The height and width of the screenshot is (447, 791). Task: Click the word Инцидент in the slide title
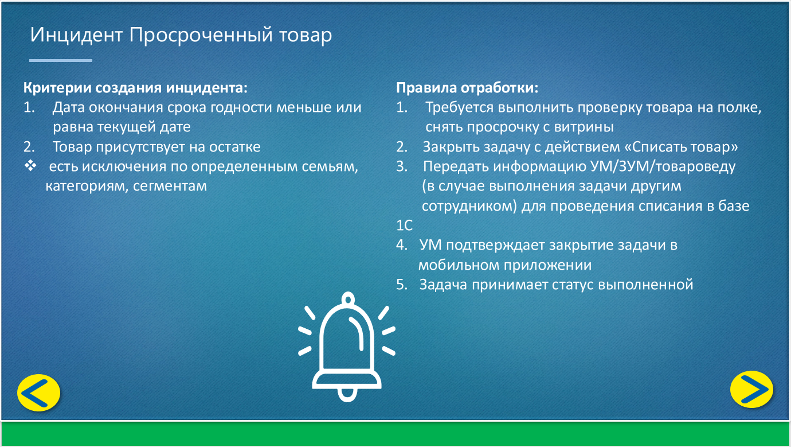coord(76,36)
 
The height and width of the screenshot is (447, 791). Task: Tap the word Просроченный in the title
coord(201,36)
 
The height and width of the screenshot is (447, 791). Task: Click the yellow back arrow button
coord(38,392)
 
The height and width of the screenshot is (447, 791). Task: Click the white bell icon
coord(347,347)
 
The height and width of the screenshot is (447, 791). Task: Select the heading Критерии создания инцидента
coord(135,88)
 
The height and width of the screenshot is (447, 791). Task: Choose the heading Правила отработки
coord(467,88)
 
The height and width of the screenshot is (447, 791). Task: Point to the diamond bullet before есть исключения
coord(30,165)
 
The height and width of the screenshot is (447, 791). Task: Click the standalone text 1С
coord(404,226)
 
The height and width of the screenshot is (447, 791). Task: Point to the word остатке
coord(235,147)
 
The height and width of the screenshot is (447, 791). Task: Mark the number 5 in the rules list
coord(401,285)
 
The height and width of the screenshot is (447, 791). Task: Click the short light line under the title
coord(61,60)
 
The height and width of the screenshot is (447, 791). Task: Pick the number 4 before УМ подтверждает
coord(401,245)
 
